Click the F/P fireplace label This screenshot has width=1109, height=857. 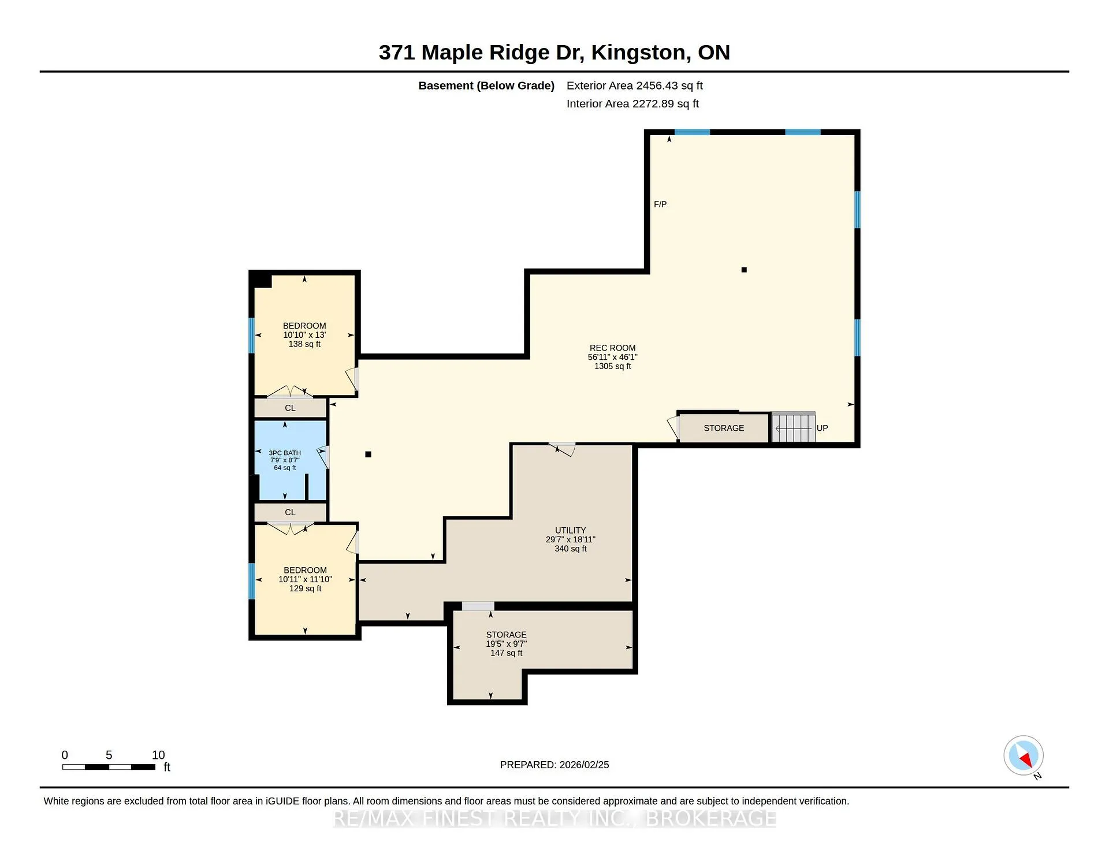click(x=660, y=204)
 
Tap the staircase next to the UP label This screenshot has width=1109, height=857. click(x=793, y=427)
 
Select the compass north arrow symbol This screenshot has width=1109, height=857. click(x=1024, y=755)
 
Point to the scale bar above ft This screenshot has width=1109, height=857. click(x=109, y=767)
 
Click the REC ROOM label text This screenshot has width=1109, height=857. click(x=612, y=348)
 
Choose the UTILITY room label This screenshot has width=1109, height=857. click(x=571, y=531)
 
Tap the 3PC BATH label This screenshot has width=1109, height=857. click(x=285, y=453)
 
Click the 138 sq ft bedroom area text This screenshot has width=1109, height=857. click(x=304, y=344)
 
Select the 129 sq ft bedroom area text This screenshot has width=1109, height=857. click(x=306, y=588)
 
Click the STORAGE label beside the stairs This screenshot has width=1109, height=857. click(x=724, y=428)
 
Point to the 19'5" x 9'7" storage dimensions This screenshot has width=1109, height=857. click(x=507, y=644)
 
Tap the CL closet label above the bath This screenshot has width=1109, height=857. click(x=290, y=408)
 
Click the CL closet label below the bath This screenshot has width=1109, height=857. click(x=290, y=513)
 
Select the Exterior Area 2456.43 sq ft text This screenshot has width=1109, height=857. click(x=635, y=86)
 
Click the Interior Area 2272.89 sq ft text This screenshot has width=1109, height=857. click(x=632, y=104)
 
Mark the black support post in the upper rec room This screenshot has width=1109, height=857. click(x=744, y=270)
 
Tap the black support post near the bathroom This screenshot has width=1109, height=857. click(x=368, y=454)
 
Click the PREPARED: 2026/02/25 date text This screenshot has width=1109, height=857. click(x=554, y=765)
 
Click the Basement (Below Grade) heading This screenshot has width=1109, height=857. click(x=486, y=86)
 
